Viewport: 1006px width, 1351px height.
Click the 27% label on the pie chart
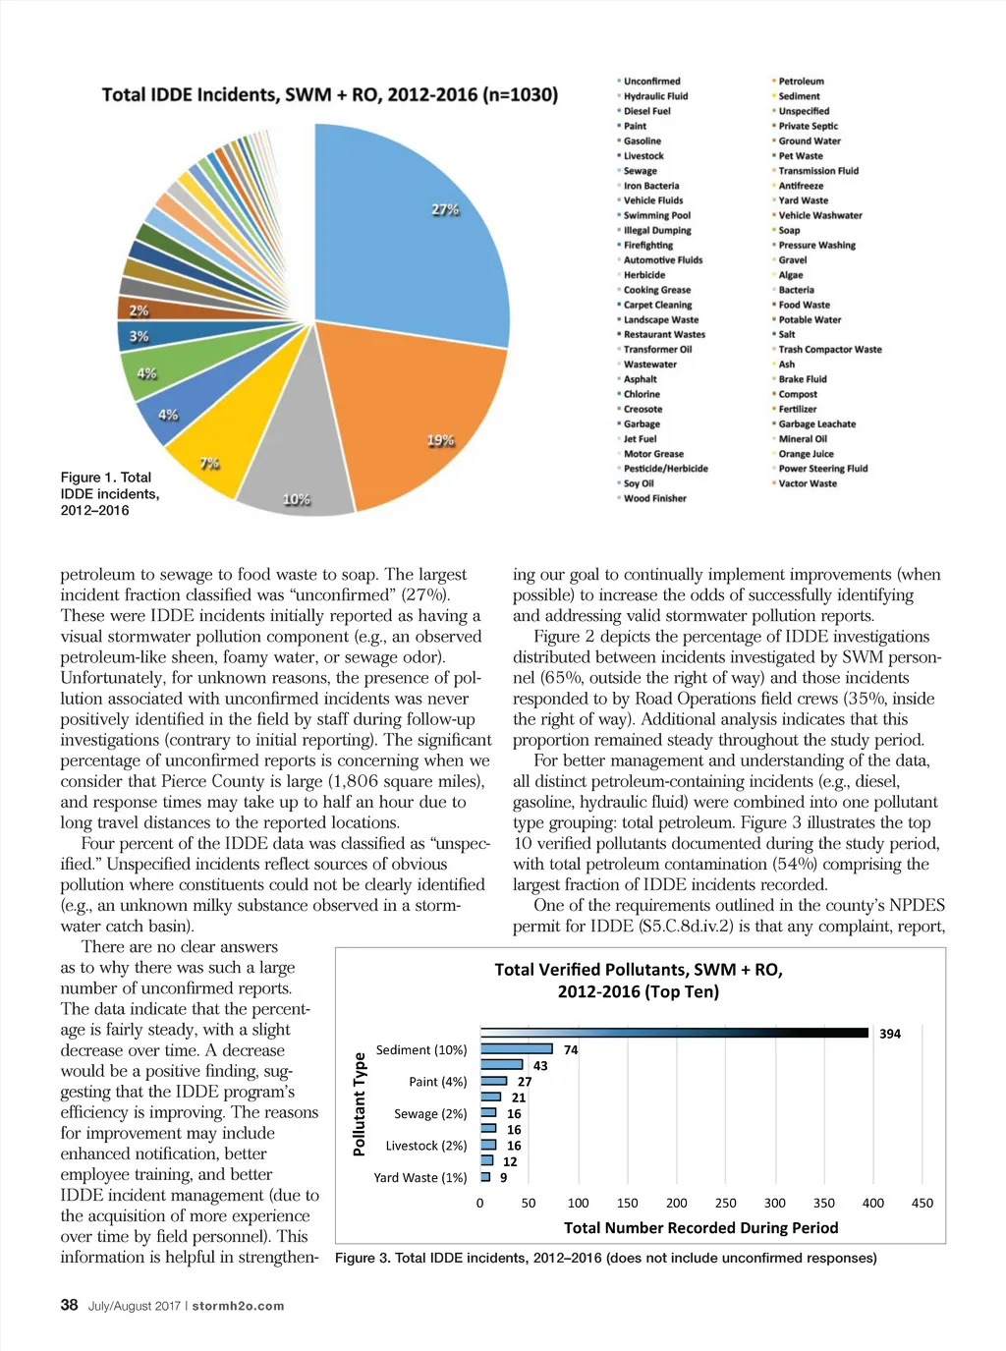(445, 209)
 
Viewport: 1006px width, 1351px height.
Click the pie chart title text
(329, 95)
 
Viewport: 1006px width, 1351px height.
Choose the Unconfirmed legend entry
(651, 82)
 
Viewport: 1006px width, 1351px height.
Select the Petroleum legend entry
(801, 82)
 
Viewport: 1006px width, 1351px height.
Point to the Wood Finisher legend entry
(654, 498)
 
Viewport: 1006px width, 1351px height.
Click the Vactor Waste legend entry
(808, 483)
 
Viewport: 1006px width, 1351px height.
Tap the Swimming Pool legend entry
(656, 215)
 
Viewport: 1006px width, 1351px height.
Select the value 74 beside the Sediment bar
(571, 1049)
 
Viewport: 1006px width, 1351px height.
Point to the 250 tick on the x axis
(726, 1203)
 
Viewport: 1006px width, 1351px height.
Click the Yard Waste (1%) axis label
(420, 1177)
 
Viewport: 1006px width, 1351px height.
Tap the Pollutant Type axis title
(360, 1103)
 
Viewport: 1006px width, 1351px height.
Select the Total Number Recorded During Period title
(700, 1227)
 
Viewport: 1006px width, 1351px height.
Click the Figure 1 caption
(109, 493)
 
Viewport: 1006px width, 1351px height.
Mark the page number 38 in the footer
(69, 1305)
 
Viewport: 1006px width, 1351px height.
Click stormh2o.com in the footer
(238, 1306)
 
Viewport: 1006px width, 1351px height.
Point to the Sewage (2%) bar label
(430, 1113)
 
